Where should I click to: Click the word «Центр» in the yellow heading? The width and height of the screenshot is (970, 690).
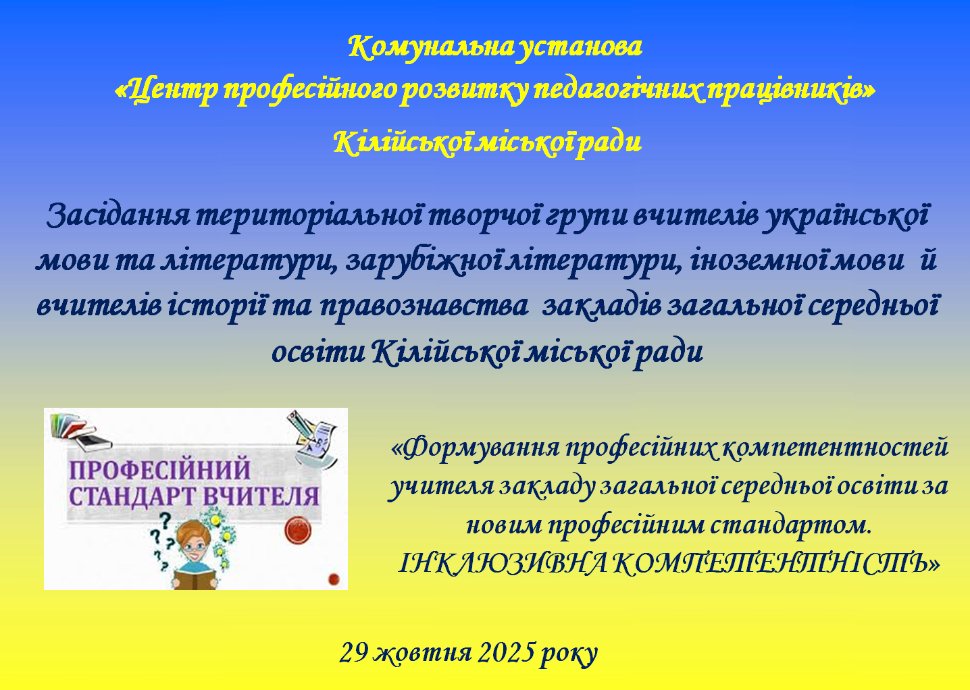167,90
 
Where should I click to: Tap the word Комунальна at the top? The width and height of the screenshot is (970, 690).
432,47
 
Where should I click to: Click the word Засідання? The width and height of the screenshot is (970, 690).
118,215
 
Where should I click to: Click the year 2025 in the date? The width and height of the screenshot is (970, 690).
506,654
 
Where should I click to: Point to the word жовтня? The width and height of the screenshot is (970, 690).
422,654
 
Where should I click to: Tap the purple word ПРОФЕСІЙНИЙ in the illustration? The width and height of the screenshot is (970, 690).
160,469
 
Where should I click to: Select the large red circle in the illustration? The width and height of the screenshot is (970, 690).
298,531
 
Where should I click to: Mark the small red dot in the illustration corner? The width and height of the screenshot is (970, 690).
334,579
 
